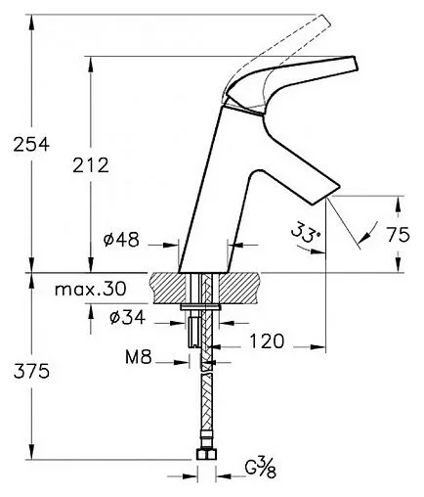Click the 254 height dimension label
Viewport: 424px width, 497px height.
coord(31,144)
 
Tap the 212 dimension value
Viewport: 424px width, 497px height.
coord(91,165)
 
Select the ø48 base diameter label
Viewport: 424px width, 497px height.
coord(121,240)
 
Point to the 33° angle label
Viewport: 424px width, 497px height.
coord(306,232)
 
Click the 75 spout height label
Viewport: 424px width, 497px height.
coord(399,234)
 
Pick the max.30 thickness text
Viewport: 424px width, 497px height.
coord(90,289)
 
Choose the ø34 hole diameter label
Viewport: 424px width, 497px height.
coord(127,317)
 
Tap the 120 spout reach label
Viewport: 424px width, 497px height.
coord(267,341)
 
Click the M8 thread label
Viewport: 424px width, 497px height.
coord(139,357)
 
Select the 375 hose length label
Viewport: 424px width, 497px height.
coord(31,371)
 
